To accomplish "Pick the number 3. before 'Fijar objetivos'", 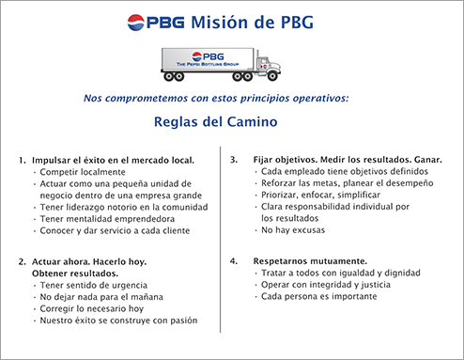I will coord(234,160).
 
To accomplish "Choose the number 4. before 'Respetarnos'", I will coord(234,258).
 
